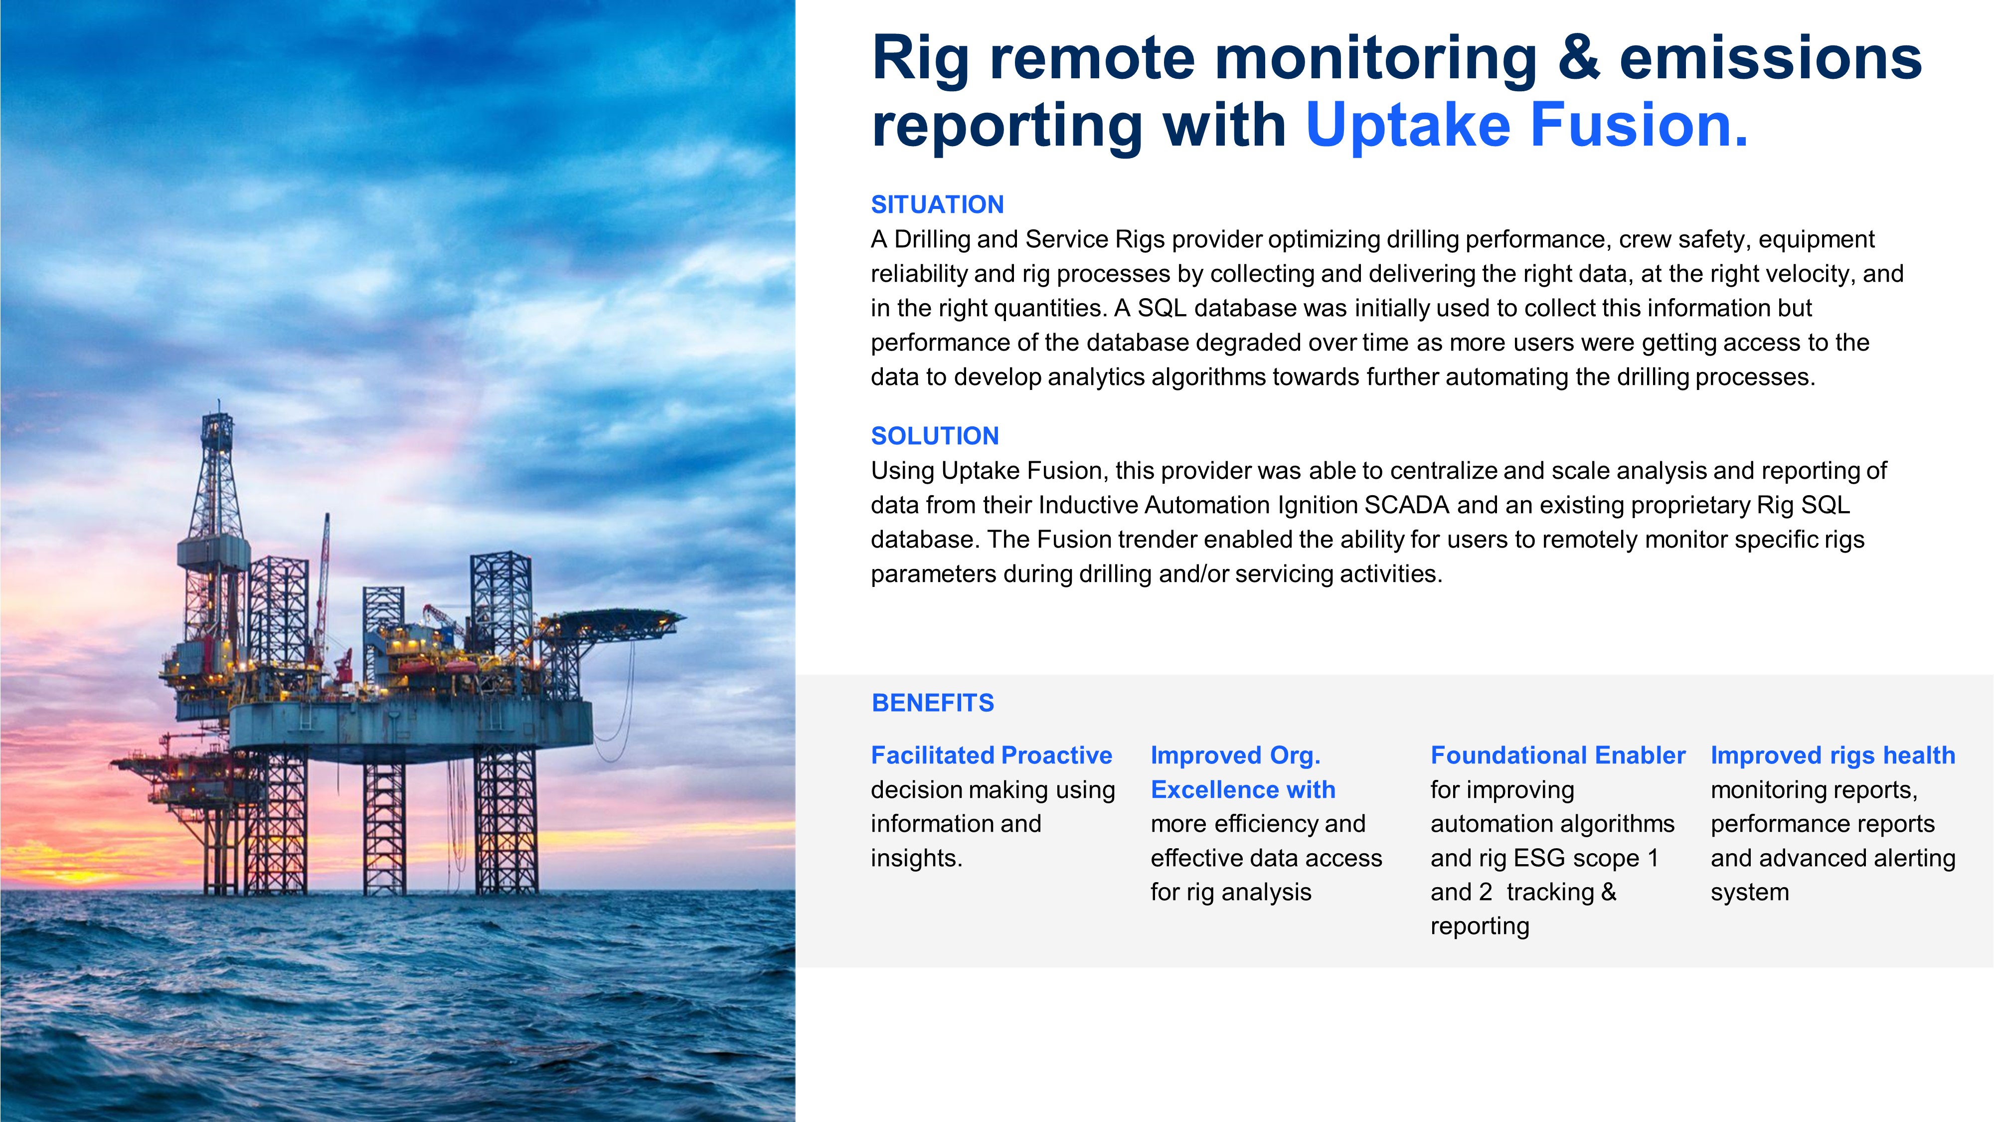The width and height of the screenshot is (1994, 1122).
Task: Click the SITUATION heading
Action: click(937, 204)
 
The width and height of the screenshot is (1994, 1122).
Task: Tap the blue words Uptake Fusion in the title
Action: click(1526, 126)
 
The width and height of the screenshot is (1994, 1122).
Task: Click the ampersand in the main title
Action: click(1578, 57)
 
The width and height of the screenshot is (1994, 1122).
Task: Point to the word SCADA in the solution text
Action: click(1406, 505)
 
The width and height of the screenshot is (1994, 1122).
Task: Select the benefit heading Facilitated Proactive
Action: click(992, 755)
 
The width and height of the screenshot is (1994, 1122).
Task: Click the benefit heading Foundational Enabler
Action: click(1557, 755)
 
